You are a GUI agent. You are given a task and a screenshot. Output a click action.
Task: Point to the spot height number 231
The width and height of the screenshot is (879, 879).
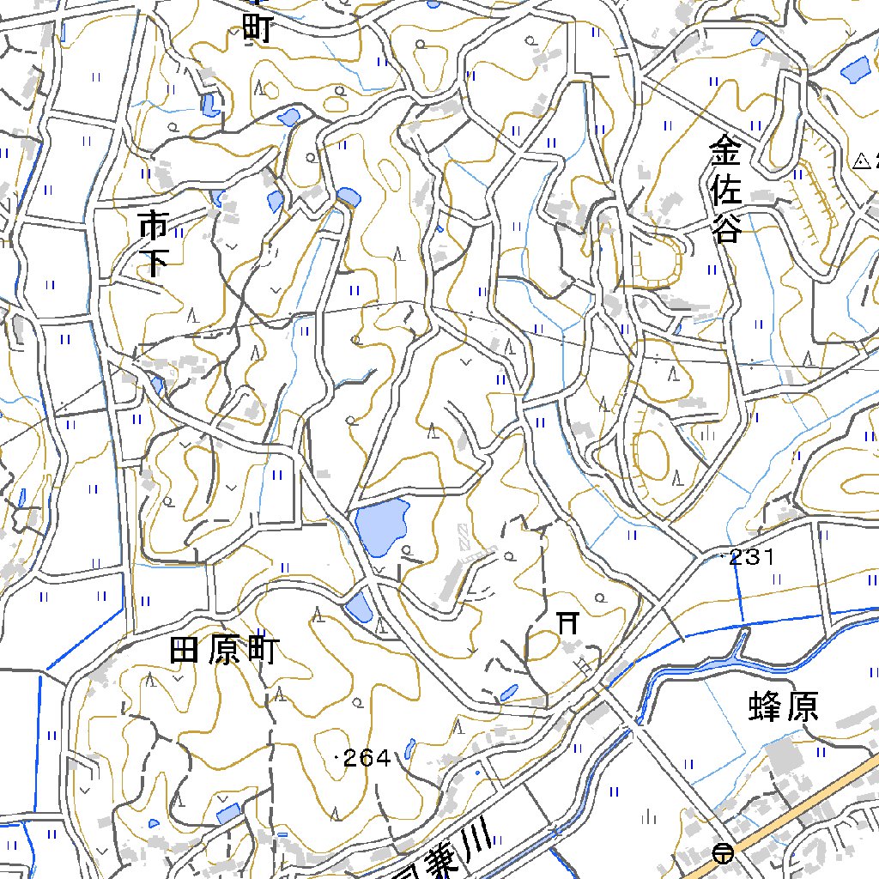pyautogui.click(x=753, y=557)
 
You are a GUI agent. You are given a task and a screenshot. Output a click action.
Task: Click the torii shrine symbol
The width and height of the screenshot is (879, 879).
pyautogui.click(x=567, y=622)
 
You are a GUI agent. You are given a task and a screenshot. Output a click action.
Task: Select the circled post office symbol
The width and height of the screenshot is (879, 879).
pyautogui.click(x=724, y=853)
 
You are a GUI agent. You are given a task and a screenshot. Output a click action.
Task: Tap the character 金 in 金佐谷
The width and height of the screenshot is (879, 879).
pyautogui.click(x=724, y=155)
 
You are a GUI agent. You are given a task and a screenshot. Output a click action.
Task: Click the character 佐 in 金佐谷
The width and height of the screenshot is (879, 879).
pyautogui.click(x=725, y=191)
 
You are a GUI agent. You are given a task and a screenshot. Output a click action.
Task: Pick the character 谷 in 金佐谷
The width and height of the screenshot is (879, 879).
pyautogui.click(x=725, y=228)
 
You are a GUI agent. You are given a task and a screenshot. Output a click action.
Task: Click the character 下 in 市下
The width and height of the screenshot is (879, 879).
pyautogui.click(x=154, y=262)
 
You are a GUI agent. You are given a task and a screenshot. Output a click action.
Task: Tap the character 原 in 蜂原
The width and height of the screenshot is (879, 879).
pyautogui.click(x=802, y=706)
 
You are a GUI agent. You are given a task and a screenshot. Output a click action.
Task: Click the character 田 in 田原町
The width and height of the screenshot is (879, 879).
pyautogui.click(x=186, y=652)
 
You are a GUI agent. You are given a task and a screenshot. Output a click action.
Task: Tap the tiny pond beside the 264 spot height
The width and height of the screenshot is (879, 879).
pyautogui.click(x=409, y=749)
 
